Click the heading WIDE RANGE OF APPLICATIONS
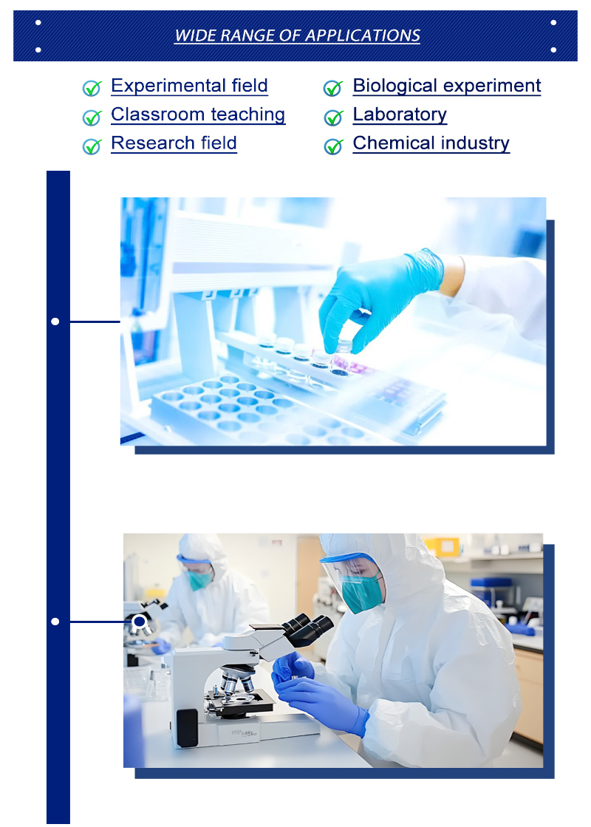(x=297, y=35)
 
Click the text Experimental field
(x=189, y=86)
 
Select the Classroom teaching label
(x=198, y=115)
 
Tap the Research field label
(x=174, y=143)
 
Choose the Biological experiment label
(x=446, y=86)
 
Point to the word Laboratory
(x=400, y=115)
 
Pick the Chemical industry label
(x=431, y=143)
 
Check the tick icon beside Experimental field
(x=92, y=89)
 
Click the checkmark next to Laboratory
(x=334, y=118)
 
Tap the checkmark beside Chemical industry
(x=334, y=146)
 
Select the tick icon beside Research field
(x=92, y=146)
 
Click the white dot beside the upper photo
(x=55, y=321)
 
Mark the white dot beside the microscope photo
(x=55, y=622)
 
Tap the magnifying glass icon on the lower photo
(x=140, y=623)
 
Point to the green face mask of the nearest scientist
(x=361, y=592)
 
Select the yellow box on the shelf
(x=440, y=547)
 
